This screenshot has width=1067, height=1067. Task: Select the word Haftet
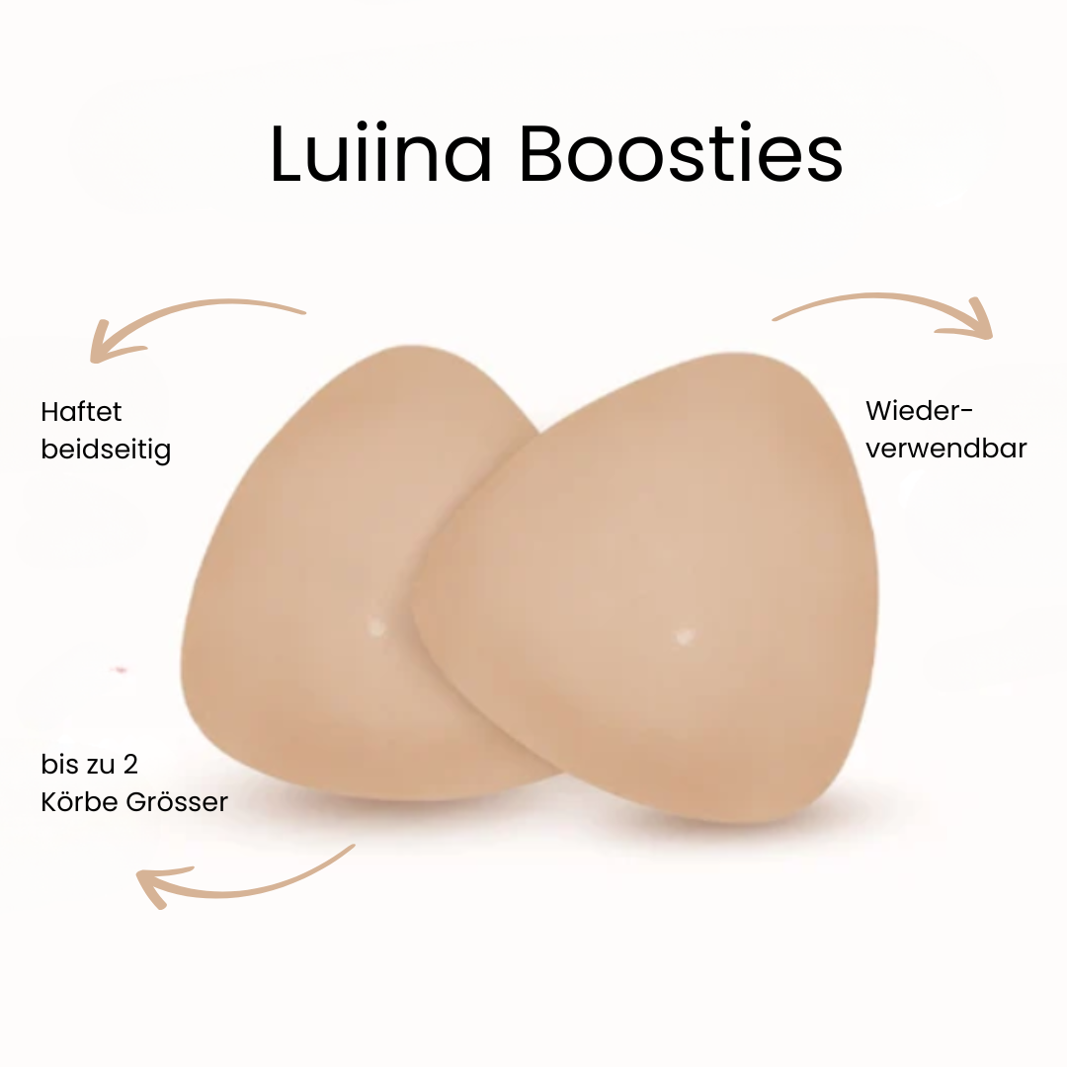pyautogui.click(x=81, y=411)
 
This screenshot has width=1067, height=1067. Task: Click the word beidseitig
pyautogui.click(x=106, y=450)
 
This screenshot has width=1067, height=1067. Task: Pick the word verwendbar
pyautogui.click(x=945, y=448)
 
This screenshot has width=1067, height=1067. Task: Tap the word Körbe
pyautogui.click(x=80, y=801)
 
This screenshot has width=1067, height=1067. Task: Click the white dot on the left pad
pyautogui.click(x=376, y=625)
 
